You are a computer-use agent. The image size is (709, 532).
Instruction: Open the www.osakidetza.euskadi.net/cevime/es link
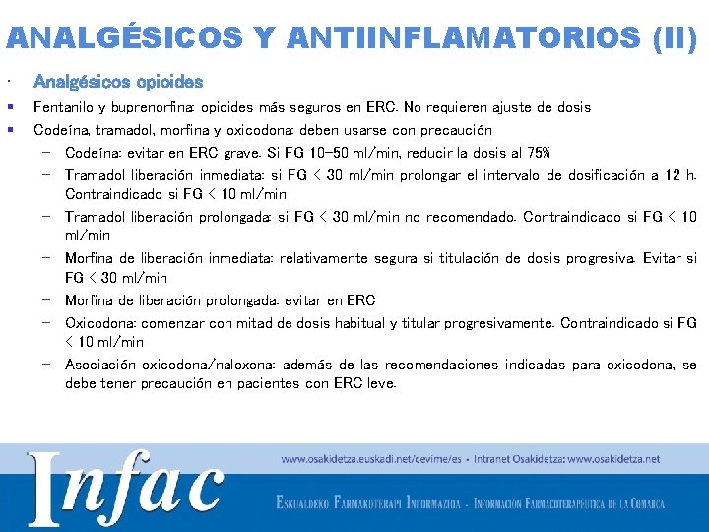click(x=372, y=459)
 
